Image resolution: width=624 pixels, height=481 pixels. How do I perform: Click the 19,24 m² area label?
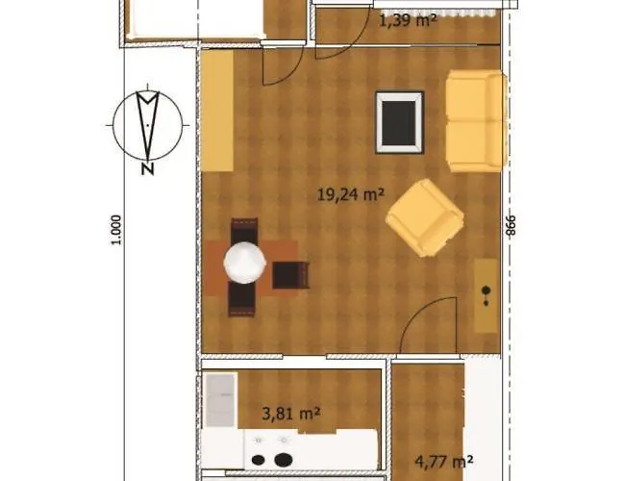350,194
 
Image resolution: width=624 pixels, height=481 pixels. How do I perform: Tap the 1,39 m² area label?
408,19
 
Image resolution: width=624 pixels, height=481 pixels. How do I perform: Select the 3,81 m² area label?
290,415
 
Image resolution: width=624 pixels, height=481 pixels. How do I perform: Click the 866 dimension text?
512,224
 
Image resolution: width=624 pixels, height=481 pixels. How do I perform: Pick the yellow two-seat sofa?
475,120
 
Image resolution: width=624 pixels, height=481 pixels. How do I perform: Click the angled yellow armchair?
424,218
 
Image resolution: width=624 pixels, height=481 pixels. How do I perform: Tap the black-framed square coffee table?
399,121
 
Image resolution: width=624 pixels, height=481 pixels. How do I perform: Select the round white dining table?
245,262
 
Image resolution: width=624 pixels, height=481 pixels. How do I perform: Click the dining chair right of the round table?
290,275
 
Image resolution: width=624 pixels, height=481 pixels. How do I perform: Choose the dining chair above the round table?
244,231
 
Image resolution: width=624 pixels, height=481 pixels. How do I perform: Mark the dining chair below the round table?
242,300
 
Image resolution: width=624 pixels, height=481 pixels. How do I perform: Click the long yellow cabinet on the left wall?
217,111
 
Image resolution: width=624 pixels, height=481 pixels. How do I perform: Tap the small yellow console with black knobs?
487,291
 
